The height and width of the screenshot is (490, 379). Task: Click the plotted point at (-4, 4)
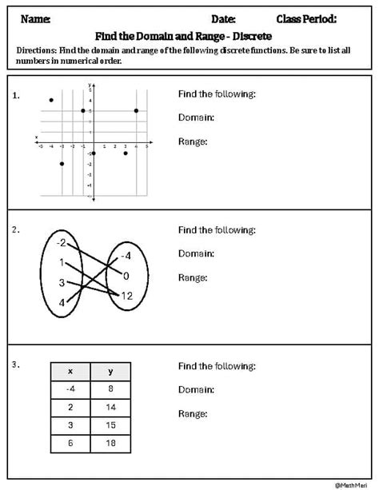pyautogui.click(x=51, y=100)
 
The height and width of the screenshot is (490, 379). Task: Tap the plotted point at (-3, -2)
pyautogui.click(x=62, y=163)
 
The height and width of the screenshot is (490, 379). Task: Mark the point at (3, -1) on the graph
pyautogui.click(x=126, y=153)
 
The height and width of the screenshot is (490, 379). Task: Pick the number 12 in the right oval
pyautogui.click(x=126, y=296)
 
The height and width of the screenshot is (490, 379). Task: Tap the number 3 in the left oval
pyautogui.click(x=62, y=282)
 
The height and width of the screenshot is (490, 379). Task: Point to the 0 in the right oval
pyautogui.click(x=126, y=276)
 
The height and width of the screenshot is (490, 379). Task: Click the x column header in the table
pyautogui.click(x=70, y=372)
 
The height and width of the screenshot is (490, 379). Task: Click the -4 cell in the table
pyautogui.click(x=70, y=389)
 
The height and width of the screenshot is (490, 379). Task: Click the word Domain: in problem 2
pyautogui.click(x=196, y=253)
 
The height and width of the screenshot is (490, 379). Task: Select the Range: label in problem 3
pyautogui.click(x=193, y=414)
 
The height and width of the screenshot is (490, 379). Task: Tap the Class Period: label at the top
pyautogui.click(x=306, y=18)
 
